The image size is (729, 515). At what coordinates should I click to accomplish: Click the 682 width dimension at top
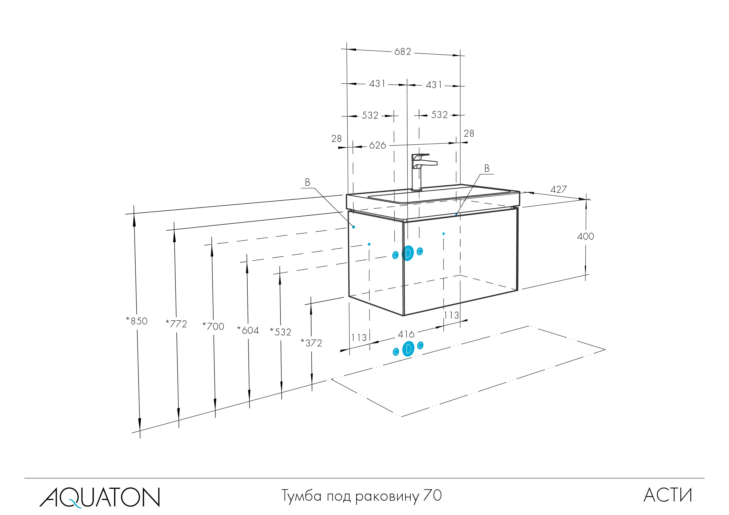pos(403,52)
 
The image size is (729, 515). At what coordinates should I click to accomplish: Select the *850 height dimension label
pos(137,321)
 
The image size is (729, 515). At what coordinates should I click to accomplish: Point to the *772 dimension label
pos(176,324)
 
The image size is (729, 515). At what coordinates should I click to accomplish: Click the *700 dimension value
pos(213,326)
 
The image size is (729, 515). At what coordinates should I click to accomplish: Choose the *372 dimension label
pos(312,343)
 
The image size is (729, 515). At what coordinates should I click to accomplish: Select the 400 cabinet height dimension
pos(585,236)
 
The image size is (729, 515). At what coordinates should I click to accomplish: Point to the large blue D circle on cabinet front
pos(408,253)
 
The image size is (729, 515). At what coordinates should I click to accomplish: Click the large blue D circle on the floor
pos(408,349)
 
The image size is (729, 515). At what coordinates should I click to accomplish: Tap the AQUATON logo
pos(99,497)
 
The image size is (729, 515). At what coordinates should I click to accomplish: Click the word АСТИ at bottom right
pos(668,495)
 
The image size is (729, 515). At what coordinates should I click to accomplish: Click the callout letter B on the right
pos(487,168)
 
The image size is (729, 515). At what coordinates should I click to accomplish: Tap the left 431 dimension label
pos(377,84)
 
